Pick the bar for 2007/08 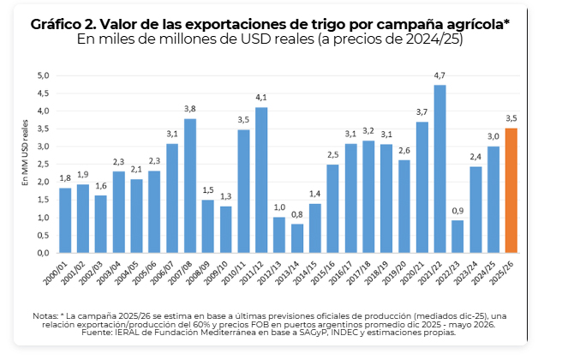point(189,185)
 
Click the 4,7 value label point(439,75)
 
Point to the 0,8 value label point(297,214)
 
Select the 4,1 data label point(261,97)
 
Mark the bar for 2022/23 point(457,237)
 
